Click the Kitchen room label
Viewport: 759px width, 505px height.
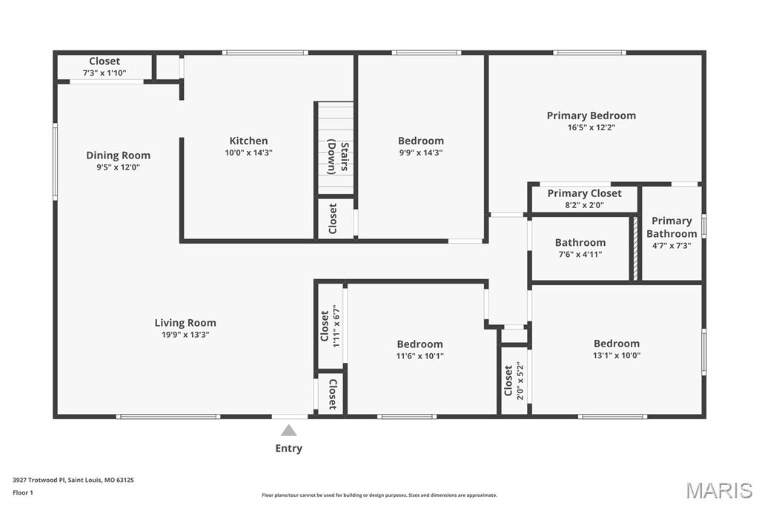tap(248, 141)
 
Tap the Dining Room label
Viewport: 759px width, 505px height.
tap(118, 155)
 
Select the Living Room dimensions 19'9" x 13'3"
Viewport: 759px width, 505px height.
tap(185, 335)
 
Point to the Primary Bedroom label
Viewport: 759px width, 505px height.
tap(591, 116)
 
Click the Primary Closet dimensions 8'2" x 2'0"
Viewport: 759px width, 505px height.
tap(584, 205)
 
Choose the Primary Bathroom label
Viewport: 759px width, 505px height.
tap(672, 227)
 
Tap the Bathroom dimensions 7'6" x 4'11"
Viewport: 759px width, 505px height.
tap(580, 255)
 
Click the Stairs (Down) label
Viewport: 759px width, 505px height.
tap(338, 157)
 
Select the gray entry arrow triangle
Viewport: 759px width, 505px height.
tap(288, 430)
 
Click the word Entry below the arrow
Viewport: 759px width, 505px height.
tap(288, 449)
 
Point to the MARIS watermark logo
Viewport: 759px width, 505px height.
tap(719, 490)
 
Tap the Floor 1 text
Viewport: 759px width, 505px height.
tap(23, 492)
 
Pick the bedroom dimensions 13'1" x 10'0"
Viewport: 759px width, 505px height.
tap(616, 355)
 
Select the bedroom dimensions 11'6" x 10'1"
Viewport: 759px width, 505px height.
tap(420, 356)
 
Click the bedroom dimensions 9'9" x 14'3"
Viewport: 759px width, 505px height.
tap(421, 153)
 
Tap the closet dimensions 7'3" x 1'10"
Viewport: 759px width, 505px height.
tap(105, 73)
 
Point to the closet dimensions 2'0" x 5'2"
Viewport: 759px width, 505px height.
tap(520, 381)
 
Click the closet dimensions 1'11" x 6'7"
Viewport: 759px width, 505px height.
tap(337, 326)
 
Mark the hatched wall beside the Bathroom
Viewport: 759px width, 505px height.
tap(635, 249)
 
